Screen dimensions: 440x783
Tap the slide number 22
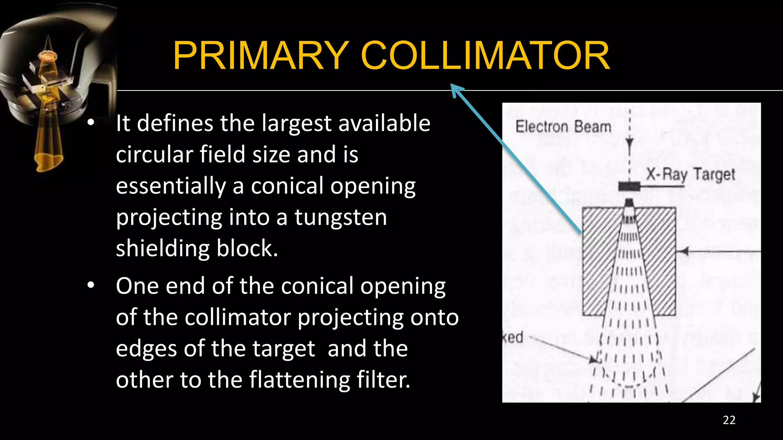729,420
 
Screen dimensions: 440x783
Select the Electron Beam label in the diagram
563,127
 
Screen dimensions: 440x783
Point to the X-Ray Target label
690,174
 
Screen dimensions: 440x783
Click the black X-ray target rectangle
629,186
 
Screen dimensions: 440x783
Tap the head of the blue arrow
456,90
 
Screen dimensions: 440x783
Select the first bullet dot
91,123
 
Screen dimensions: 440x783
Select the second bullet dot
91,285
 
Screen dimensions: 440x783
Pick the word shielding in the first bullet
162,248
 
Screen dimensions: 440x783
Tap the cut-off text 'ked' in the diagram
513,337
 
